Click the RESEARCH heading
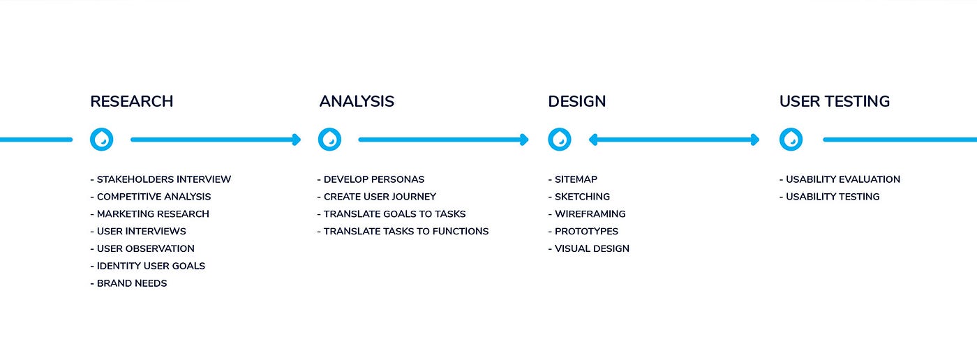click(131, 101)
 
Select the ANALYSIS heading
click(357, 101)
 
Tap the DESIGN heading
click(576, 101)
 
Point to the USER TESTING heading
click(834, 101)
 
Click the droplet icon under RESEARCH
click(102, 140)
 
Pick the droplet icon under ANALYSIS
click(329, 140)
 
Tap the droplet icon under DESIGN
click(559, 140)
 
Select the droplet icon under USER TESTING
click(791, 140)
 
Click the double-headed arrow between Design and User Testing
click(674, 140)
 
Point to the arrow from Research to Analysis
click(215, 140)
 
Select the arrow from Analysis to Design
click(443, 140)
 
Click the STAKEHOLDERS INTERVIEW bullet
click(161, 179)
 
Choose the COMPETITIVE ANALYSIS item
click(151, 197)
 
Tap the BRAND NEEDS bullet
click(129, 283)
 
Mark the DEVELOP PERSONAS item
click(371, 179)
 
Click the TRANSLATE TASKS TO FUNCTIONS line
click(403, 231)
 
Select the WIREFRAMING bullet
click(587, 214)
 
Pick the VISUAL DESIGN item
click(589, 248)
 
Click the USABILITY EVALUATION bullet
click(840, 179)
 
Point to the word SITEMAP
click(576, 179)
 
